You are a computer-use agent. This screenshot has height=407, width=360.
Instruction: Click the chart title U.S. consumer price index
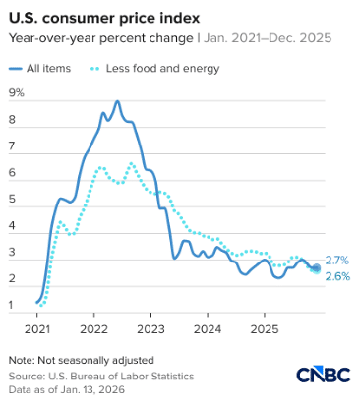click(99, 19)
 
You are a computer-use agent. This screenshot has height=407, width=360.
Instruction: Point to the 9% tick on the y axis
click(16, 94)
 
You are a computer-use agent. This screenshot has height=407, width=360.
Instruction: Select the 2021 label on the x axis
click(36, 329)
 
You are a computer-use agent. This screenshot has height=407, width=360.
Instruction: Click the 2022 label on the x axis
click(93, 329)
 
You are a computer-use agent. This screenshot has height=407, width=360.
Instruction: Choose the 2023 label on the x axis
click(150, 329)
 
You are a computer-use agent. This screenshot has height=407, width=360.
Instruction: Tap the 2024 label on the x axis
click(208, 329)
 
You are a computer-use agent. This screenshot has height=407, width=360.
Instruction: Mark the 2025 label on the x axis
click(264, 329)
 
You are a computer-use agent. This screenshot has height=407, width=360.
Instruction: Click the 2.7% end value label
click(336, 260)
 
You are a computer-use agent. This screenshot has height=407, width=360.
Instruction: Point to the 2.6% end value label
click(336, 276)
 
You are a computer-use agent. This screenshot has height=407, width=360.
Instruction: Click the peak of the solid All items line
click(118, 101)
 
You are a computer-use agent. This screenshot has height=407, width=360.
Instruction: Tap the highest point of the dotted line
click(132, 163)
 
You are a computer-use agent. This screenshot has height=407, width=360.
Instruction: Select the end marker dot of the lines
click(316, 267)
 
